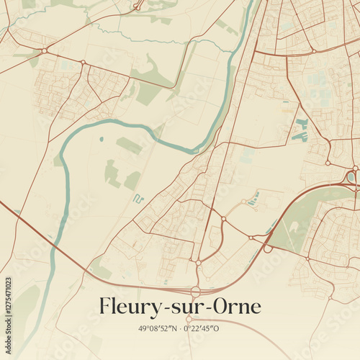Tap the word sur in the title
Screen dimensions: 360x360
[x=181, y=308]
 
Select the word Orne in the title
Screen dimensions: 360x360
[x=233, y=307]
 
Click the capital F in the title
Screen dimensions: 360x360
[x=107, y=307]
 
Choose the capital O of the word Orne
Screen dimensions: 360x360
[x=214, y=307]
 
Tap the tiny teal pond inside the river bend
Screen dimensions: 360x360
[x=102, y=139]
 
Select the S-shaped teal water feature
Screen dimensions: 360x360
[x=138, y=198]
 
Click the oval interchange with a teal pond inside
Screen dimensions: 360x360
[x=351, y=176]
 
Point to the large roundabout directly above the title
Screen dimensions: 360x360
[x=195, y=291]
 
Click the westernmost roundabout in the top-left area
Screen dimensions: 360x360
[x=45, y=51]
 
